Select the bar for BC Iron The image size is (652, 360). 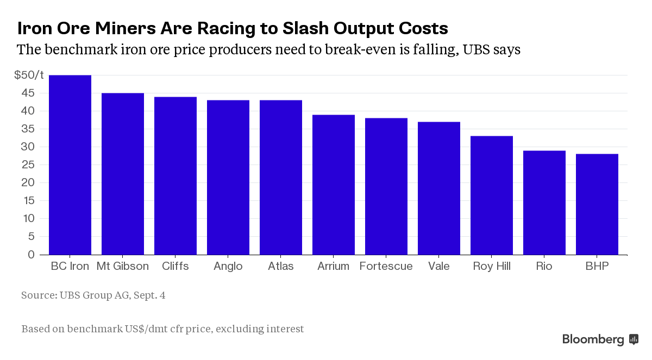click(70, 165)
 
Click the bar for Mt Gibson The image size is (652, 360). click(123, 174)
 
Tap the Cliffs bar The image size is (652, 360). click(175, 175)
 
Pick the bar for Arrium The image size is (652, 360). click(334, 185)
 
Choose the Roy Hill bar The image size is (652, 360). click(492, 195)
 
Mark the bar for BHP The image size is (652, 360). click(597, 204)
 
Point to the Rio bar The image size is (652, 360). click(544, 203)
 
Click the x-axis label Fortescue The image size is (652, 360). click(386, 267)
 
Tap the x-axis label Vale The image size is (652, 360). click(438, 267)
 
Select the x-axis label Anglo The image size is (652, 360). click(228, 267)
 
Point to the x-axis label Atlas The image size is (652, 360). click(281, 267)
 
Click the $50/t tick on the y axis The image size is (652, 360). click(29, 75)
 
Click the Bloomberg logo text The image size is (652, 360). click(593, 340)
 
